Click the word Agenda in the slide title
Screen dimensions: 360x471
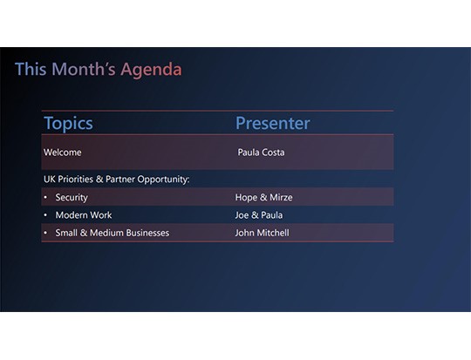[x=151, y=70]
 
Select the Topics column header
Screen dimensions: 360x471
[x=68, y=124]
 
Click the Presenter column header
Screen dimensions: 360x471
[x=272, y=124]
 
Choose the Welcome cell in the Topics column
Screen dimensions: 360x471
[x=63, y=153]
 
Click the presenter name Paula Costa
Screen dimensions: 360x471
[x=261, y=153]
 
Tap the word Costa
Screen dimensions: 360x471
[x=272, y=153]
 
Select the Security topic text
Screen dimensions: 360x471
[x=72, y=198]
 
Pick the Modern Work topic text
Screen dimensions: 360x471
[x=84, y=215]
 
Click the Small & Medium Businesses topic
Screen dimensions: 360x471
[x=112, y=233]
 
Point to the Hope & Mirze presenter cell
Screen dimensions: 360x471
[x=258, y=198]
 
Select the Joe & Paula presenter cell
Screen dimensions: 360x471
[x=258, y=215]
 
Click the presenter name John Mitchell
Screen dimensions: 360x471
[x=262, y=233]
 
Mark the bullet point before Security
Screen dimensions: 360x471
[x=45, y=198]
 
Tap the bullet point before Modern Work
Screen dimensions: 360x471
[x=45, y=215]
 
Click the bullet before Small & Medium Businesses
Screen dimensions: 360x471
[x=45, y=233]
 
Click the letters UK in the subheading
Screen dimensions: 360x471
[x=49, y=180]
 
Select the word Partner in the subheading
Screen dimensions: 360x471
[x=125, y=180]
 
